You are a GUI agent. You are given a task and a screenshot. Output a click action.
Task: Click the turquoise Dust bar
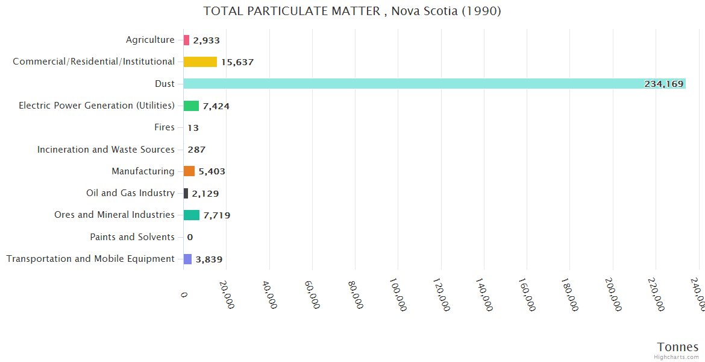point(434,84)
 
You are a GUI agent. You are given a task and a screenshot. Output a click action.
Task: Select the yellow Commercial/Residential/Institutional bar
point(200,62)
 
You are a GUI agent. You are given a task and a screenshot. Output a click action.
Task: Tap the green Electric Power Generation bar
point(191,106)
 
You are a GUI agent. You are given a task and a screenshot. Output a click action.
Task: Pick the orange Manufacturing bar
point(189,171)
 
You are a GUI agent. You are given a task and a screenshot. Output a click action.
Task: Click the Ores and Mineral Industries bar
point(192,215)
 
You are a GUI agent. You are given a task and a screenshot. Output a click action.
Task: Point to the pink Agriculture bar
point(186,40)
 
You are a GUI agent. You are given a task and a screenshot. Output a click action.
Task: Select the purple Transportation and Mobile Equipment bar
point(187,259)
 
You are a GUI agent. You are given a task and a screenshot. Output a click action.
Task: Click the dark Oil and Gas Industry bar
point(186,194)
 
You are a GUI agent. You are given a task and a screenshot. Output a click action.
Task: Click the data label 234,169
point(664,84)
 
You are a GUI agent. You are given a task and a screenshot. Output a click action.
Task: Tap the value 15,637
point(237,62)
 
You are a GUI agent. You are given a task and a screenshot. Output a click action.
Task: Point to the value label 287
point(196,150)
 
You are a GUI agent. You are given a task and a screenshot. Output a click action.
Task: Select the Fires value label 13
point(193,128)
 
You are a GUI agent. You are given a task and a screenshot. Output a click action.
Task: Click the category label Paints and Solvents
point(133,237)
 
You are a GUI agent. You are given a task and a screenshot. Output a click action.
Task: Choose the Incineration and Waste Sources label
point(106,150)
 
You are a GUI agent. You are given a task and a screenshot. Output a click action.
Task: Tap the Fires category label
point(164,127)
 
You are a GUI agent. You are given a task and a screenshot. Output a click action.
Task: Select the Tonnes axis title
point(678,347)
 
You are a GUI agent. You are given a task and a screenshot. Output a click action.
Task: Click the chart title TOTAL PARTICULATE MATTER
point(352,11)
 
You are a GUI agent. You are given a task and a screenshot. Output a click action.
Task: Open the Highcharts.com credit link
point(677,357)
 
